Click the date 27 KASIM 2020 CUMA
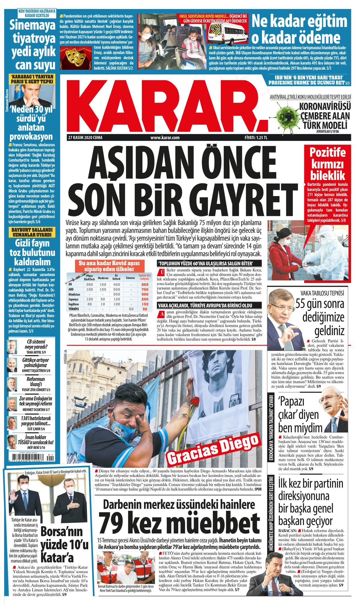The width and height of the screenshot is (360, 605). click(x=85, y=138)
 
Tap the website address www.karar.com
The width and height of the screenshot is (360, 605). click(x=165, y=138)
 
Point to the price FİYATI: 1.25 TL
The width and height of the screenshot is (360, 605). click(x=256, y=138)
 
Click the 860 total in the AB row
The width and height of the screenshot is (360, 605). click(x=145, y=285)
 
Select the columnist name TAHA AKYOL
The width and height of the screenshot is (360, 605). click(x=34, y=352)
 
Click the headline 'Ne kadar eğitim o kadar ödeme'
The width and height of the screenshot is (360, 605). click(x=299, y=30)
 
